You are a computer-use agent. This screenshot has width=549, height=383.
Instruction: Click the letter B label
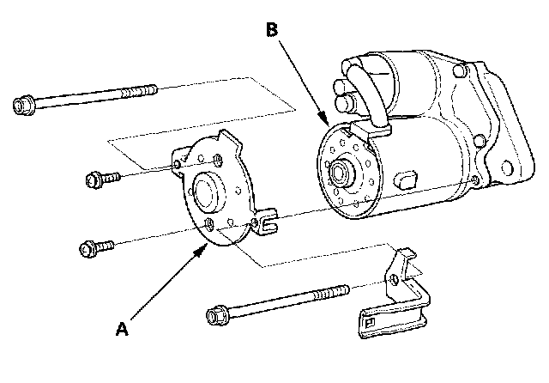tap(271, 30)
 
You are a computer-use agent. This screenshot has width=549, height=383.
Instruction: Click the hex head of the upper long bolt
tap(23, 106)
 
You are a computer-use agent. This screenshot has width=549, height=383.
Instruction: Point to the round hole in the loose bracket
tap(392, 279)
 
